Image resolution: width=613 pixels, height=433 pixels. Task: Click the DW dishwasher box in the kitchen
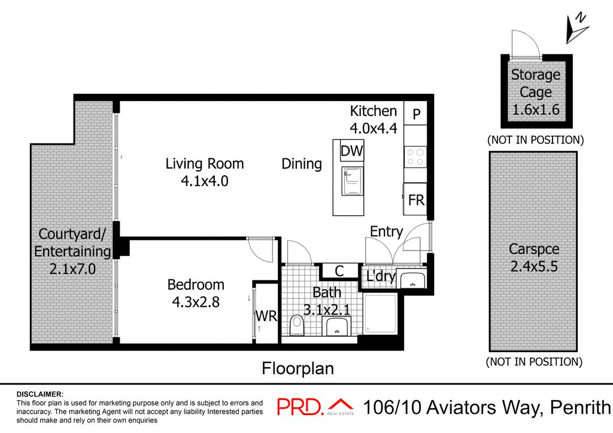[351, 151]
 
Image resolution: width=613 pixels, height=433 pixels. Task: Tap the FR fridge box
[415, 200]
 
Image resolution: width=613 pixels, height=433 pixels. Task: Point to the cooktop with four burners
[415, 157]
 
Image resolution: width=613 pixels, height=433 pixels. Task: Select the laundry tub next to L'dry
[411, 279]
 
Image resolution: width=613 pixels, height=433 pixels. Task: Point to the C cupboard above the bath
[339, 271]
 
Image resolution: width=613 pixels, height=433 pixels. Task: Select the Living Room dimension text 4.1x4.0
[205, 181]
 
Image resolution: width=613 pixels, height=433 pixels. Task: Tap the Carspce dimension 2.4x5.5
[533, 266]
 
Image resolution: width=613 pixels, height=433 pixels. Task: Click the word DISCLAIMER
[40, 394]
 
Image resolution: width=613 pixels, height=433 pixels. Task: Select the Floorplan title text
[298, 368]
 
